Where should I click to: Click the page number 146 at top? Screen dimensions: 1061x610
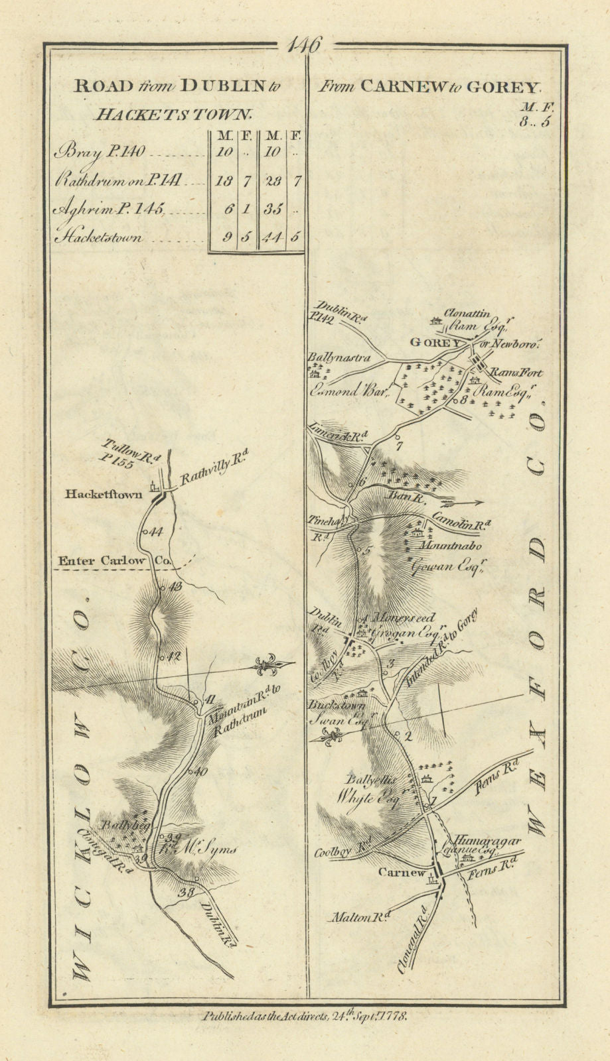(x=305, y=46)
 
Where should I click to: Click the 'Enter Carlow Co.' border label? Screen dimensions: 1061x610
(x=115, y=561)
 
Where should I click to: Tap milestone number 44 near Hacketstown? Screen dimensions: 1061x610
(x=157, y=532)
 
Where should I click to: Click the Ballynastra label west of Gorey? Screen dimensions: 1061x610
(x=337, y=357)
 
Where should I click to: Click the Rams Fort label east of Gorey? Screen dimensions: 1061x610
(x=517, y=373)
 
